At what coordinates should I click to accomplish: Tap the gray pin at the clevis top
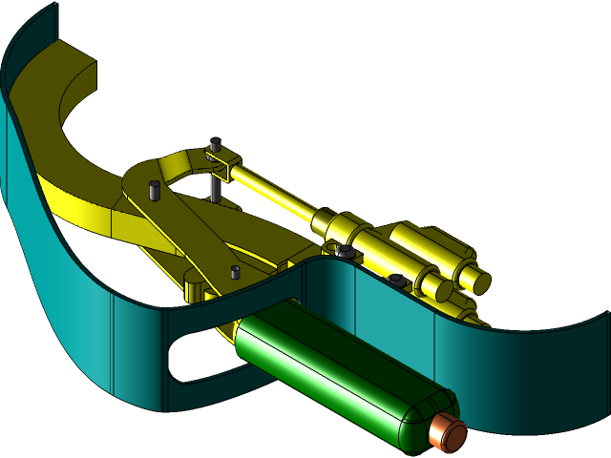(x=216, y=145)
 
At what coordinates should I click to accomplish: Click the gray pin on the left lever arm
(x=154, y=190)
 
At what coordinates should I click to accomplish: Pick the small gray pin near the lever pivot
(x=235, y=273)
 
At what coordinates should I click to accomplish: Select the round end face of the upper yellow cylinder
(x=474, y=278)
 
